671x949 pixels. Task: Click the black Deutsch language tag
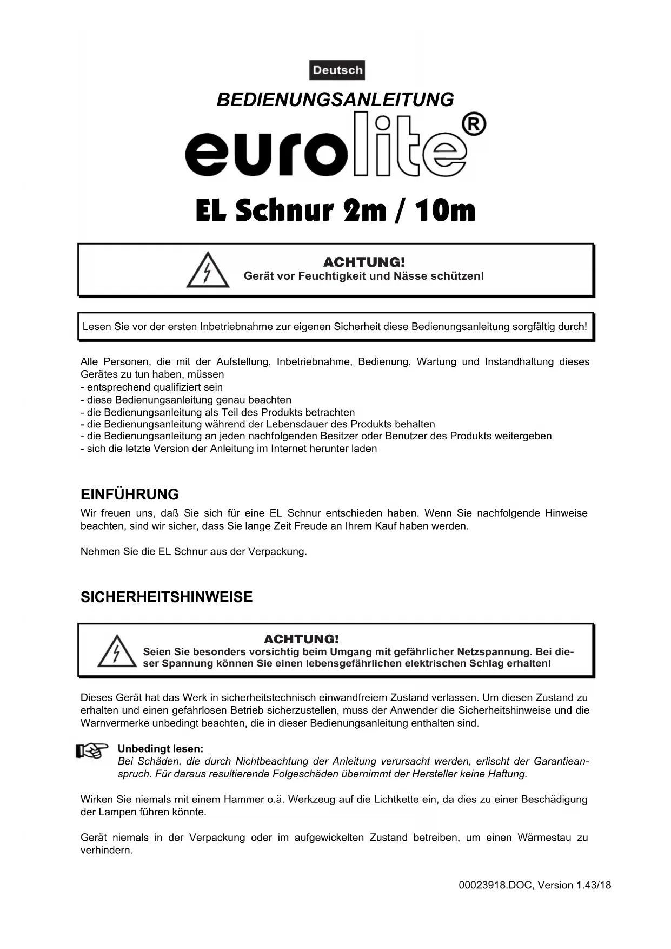337,70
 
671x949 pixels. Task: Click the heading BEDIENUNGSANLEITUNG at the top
335,100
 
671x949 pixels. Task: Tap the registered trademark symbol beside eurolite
474,125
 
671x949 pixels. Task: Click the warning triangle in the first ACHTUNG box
208,270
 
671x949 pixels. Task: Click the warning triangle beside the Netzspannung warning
117,651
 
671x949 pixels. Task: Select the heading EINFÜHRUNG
130,495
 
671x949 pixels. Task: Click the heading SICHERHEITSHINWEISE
167,597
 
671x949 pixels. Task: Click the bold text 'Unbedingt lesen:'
161,749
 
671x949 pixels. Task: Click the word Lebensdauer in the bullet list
300,424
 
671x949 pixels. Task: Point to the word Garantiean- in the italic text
561,761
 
